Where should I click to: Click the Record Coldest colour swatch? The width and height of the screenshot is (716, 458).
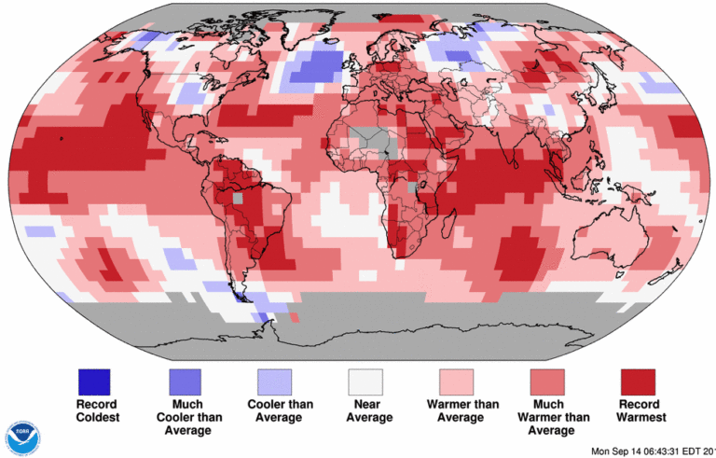[x=93, y=382]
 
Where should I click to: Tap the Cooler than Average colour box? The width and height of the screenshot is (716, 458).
[x=274, y=382]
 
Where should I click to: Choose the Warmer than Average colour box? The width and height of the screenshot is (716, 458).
[x=456, y=382]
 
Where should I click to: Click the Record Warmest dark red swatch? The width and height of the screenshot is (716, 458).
[x=638, y=382]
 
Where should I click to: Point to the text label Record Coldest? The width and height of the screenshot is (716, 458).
[x=93, y=411]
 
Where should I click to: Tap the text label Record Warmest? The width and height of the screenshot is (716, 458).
[x=638, y=411]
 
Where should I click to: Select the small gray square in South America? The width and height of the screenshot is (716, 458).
[x=237, y=198]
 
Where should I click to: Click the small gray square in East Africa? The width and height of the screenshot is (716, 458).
[x=412, y=188]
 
